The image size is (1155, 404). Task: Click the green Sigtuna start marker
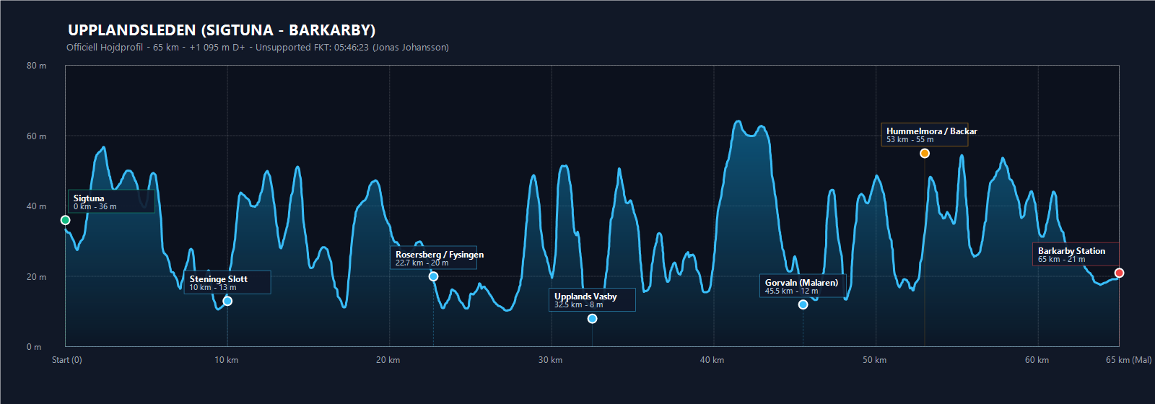tap(65, 220)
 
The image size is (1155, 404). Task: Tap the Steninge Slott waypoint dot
tap(227, 301)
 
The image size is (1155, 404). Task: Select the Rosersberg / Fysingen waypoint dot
tap(434, 276)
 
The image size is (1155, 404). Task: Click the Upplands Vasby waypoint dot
tap(593, 318)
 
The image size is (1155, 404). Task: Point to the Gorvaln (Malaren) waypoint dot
tap(803, 304)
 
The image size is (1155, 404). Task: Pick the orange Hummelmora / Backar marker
tap(925, 153)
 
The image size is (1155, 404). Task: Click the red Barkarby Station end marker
tap(1119, 273)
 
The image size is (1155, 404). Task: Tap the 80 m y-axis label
tap(37, 66)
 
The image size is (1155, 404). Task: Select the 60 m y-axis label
tap(37, 136)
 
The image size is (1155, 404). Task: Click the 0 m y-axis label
tap(34, 347)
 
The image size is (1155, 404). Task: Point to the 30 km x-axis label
tap(550, 360)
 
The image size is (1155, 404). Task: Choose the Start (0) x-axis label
tap(67, 360)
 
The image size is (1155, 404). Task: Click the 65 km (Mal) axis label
tap(1129, 360)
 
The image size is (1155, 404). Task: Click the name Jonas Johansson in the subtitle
tap(411, 48)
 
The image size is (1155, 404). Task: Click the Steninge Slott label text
tap(219, 278)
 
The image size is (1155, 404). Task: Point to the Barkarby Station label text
tap(1071, 251)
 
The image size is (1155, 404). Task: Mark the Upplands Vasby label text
tap(585, 297)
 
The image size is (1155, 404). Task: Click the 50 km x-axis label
tap(874, 360)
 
